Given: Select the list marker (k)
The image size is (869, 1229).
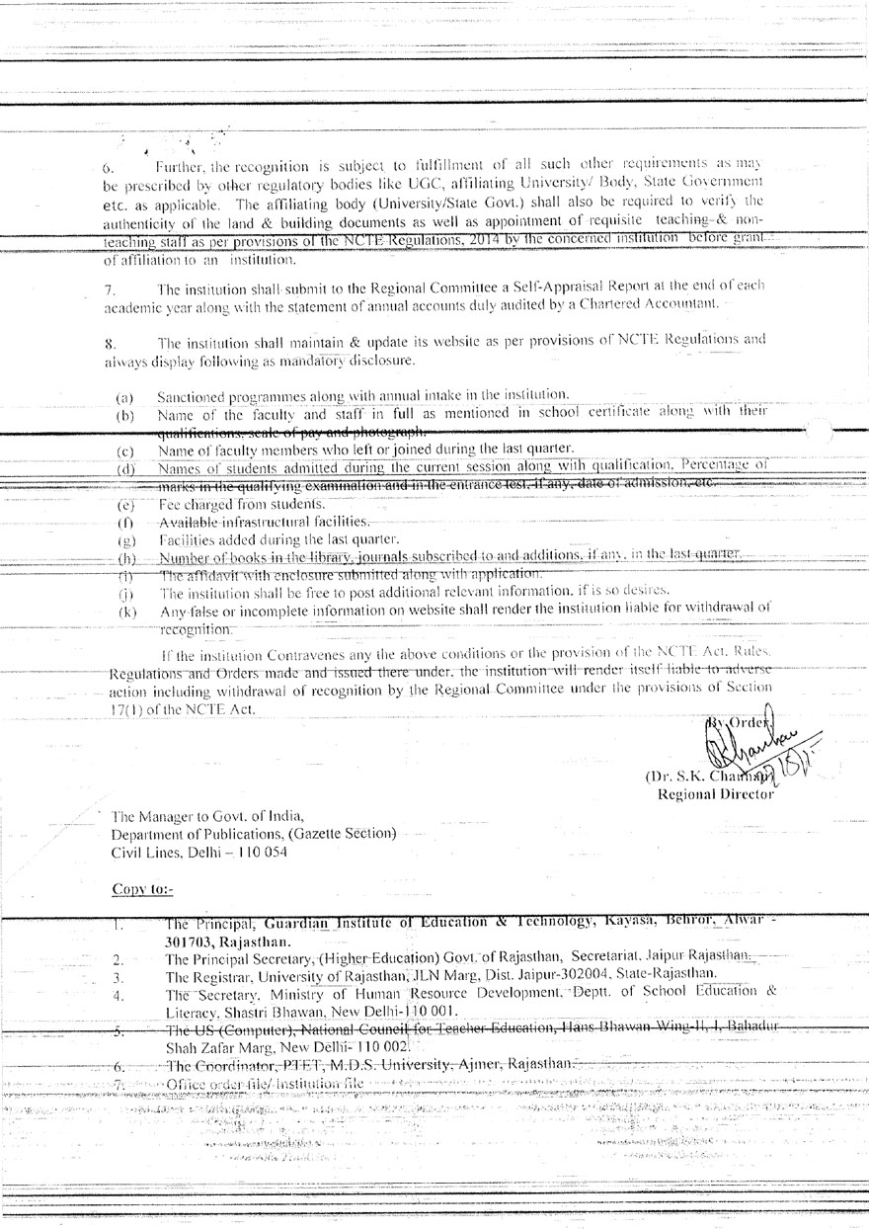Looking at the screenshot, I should (125, 613).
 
